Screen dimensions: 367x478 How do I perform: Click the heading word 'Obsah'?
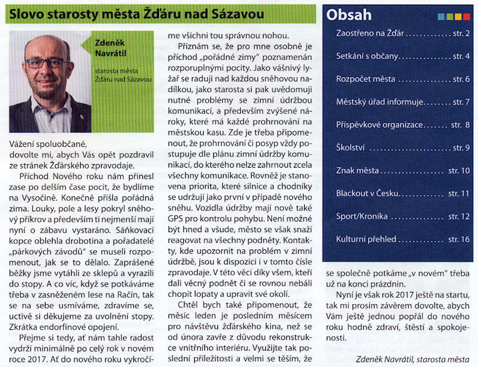coord(349,15)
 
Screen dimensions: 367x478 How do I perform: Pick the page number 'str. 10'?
coord(458,171)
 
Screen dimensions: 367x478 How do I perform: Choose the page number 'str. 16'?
coord(458,239)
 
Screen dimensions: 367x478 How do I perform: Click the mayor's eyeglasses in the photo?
coord(47,63)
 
